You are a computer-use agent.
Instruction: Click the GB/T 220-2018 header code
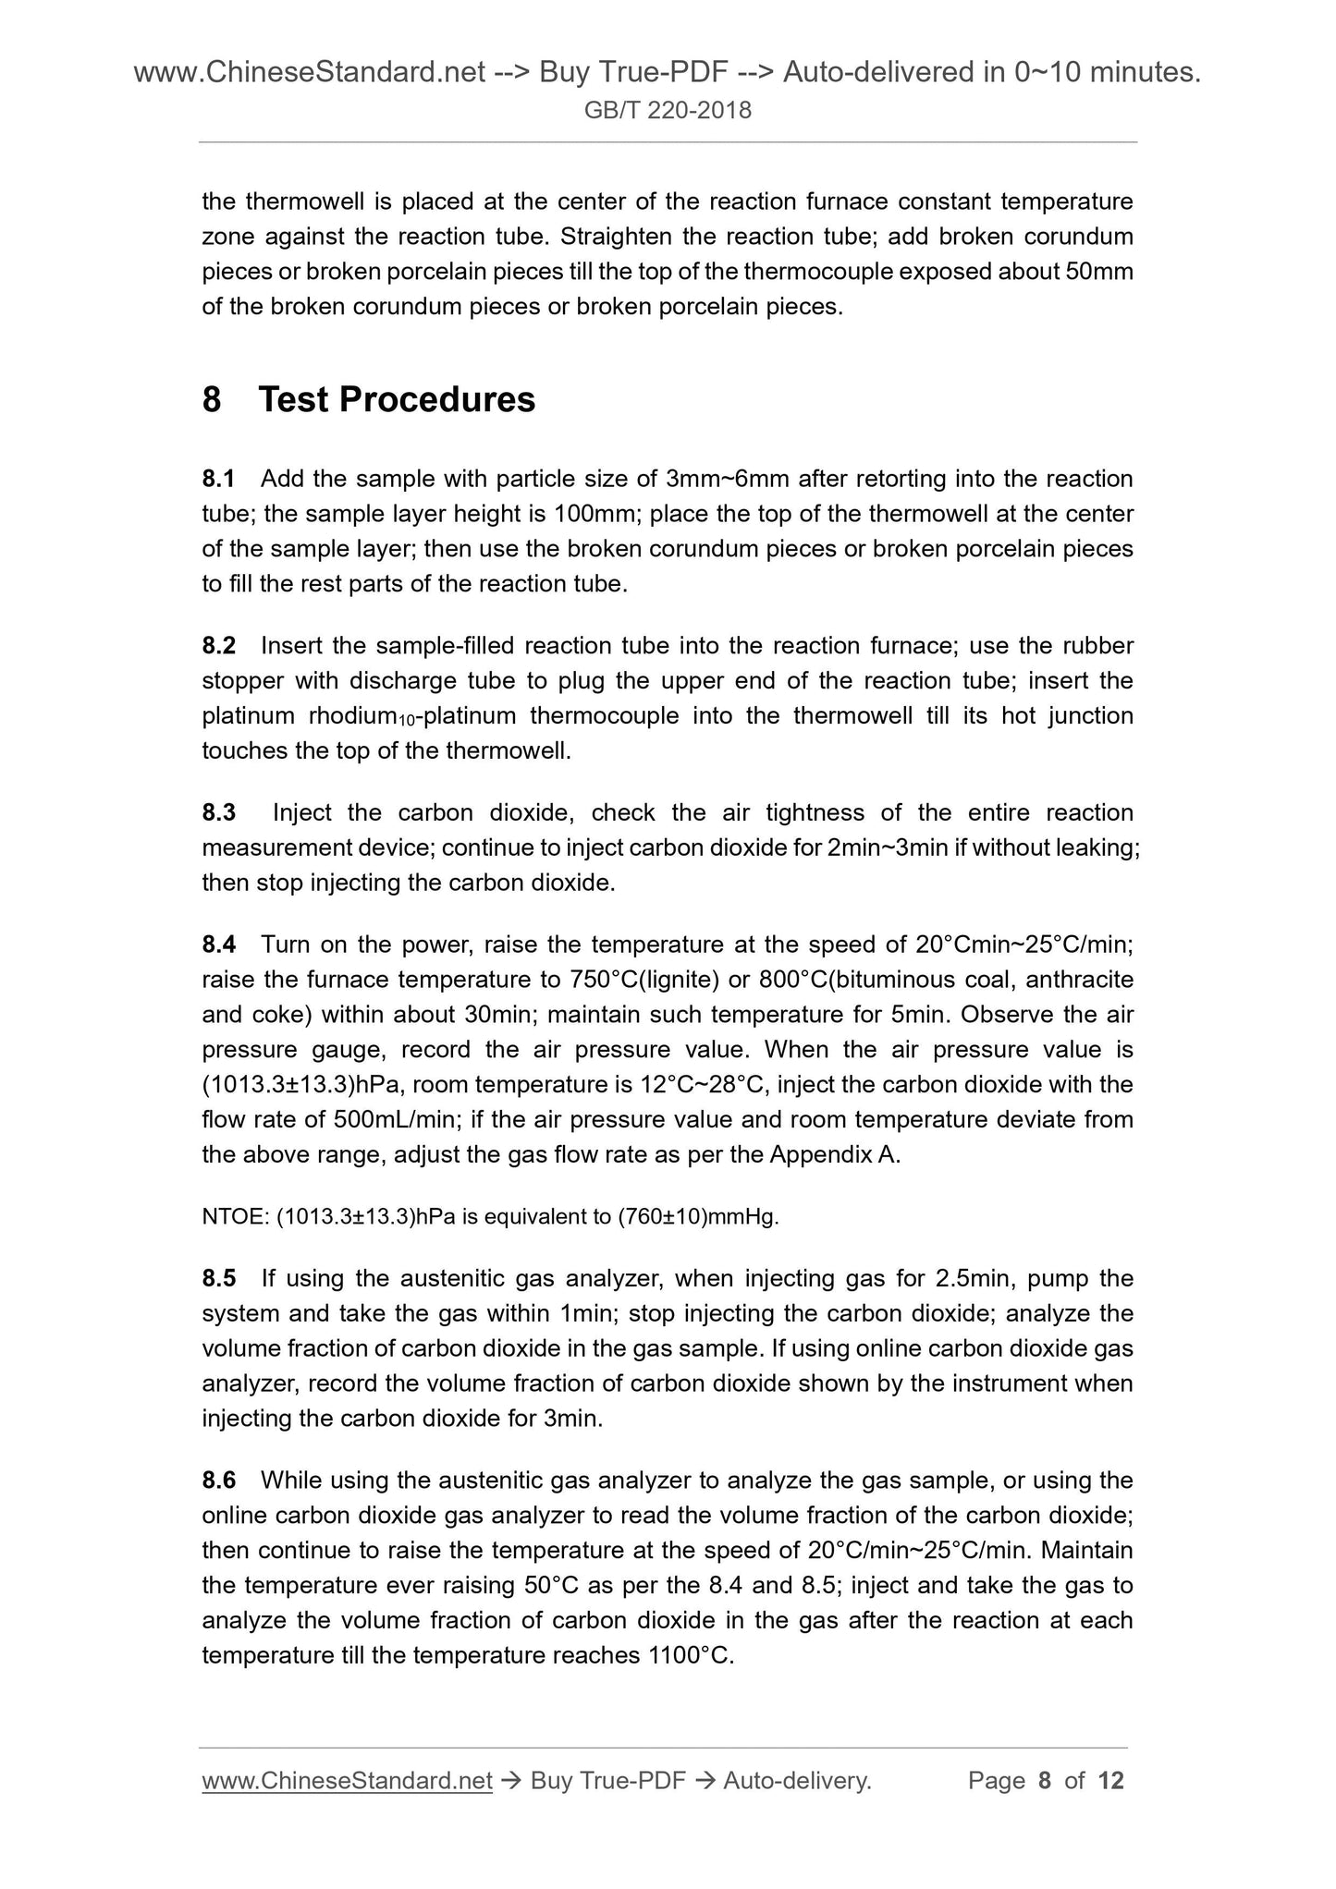pos(668,111)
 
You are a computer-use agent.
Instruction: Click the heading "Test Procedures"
pos(397,399)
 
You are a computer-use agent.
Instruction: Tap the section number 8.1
pos(218,479)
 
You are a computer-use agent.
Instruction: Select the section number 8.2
pos(218,645)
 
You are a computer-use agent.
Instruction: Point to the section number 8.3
pos(218,813)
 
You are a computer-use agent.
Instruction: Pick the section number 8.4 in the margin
pos(218,944)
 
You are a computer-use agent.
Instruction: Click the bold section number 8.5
pos(218,1278)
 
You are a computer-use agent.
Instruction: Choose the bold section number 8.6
pos(218,1481)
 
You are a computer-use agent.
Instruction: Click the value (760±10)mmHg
pos(697,1217)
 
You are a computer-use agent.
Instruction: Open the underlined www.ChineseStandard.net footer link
pos(347,1781)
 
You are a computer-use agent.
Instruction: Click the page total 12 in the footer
pos(1110,1781)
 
